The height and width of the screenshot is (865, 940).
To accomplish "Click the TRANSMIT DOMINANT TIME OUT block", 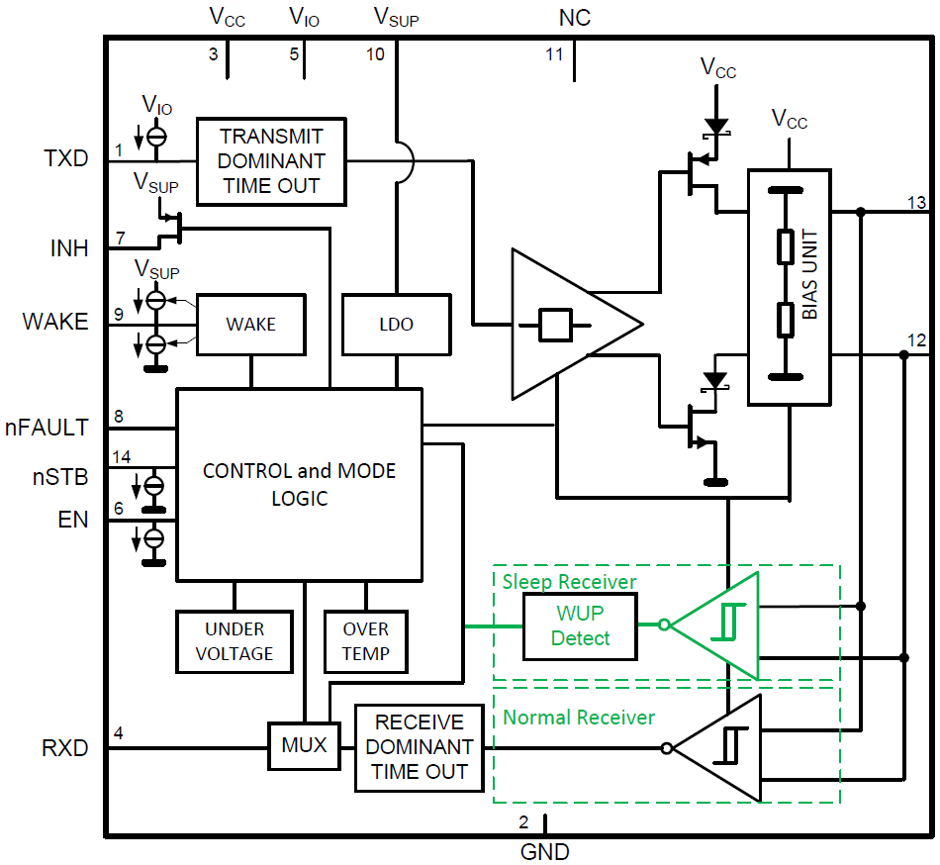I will click(271, 160).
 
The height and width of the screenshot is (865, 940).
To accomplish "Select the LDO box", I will click(396, 325).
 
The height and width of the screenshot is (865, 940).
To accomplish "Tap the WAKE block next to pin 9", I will click(250, 325).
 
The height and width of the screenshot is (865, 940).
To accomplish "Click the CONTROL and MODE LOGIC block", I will click(299, 484).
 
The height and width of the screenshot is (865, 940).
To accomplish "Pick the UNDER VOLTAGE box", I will click(235, 641).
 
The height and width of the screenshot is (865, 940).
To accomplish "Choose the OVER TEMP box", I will click(366, 641).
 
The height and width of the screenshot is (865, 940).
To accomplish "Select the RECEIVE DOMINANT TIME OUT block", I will click(419, 747).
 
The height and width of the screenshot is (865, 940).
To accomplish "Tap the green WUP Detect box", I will click(580, 626).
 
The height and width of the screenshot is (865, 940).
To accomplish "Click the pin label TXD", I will click(66, 158).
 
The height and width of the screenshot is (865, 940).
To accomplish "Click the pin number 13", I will click(916, 203).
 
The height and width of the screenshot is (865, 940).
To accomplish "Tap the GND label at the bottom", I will click(544, 851).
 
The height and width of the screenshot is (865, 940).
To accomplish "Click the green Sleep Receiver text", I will click(569, 581).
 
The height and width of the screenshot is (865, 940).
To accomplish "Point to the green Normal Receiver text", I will click(579, 717).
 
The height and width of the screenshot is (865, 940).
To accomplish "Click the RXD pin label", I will click(65, 748).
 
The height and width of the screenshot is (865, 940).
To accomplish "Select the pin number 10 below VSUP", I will click(375, 55).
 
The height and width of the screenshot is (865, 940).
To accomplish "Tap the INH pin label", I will click(69, 249).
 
